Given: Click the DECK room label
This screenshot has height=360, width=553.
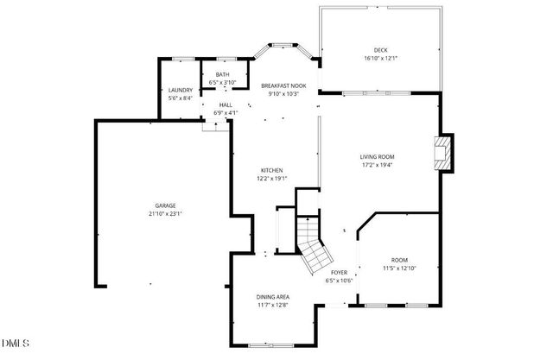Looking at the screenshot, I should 380,50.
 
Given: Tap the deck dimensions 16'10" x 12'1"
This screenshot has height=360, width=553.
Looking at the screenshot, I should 380,59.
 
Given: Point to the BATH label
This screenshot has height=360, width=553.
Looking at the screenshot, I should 223,75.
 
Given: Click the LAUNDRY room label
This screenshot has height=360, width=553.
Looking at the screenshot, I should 180,90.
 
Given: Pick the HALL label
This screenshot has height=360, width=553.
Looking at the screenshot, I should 226,104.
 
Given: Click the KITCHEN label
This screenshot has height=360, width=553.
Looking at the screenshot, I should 271,171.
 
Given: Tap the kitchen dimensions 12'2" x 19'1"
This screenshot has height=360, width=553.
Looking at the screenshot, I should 271,180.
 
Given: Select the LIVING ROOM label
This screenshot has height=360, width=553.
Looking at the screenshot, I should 377,156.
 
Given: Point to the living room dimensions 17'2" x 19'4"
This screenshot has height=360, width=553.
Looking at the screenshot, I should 377,165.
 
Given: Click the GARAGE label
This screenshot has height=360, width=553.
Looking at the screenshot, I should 166,205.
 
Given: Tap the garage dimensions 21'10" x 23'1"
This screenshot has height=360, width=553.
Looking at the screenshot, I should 166,214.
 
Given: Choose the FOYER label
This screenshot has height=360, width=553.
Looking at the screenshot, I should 340,273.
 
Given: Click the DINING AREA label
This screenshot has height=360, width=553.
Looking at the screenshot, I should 273,296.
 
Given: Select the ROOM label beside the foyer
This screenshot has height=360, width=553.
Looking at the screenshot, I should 399,260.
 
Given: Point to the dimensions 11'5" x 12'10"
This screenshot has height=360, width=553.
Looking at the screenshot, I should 399,268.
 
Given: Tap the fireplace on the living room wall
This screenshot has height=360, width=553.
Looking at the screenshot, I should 443,153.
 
